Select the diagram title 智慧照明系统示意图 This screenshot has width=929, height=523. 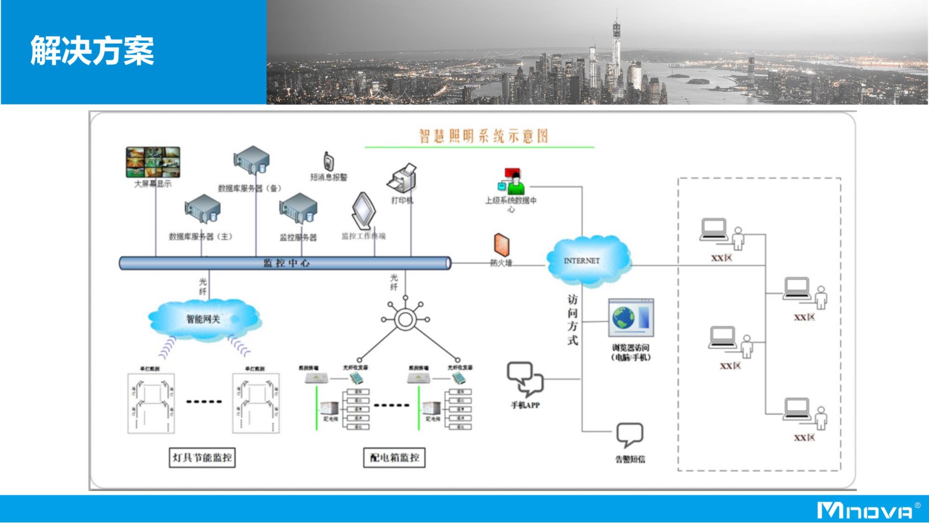(483, 136)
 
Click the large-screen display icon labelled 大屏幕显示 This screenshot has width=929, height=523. (153, 162)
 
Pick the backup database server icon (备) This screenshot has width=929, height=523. (251, 160)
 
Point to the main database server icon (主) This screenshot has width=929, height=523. (202, 209)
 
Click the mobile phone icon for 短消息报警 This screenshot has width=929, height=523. (329, 162)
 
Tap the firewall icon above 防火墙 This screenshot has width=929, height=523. (502, 244)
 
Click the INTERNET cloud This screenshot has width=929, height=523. (588, 261)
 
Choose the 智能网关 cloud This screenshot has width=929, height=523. (203, 319)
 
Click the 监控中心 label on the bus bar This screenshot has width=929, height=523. (286, 263)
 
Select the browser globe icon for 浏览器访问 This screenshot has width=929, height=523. (631, 318)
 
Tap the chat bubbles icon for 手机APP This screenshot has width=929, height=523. (525, 379)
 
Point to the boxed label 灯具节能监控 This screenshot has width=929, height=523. (202, 457)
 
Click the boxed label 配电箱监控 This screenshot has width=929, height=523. (394, 457)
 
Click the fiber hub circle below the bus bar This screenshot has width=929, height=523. (405, 319)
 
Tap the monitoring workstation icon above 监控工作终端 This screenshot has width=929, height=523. (363, 210)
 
